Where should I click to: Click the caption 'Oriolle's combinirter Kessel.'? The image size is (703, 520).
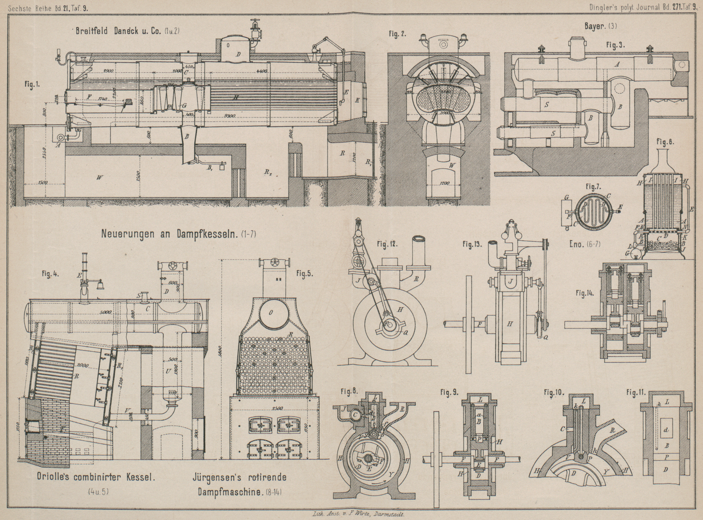(96, 478)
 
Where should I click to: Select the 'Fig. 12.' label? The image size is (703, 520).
(388, 243)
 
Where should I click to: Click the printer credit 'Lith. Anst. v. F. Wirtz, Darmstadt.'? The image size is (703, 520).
(356, 514)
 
